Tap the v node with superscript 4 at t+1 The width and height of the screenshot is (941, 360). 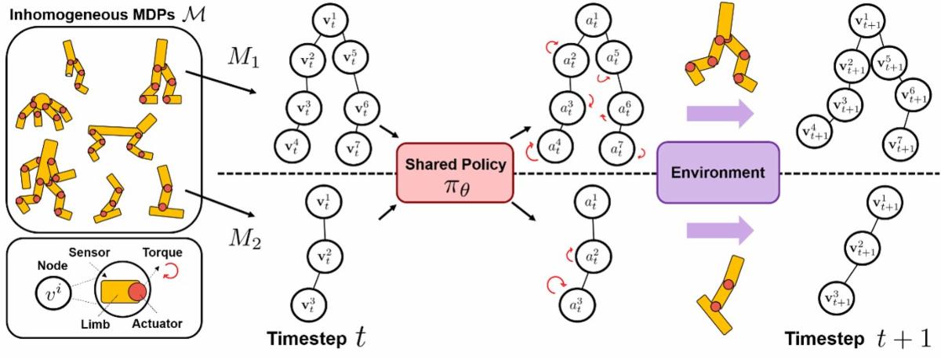(817, 128)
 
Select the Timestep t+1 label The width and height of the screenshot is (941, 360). (856, 339)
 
